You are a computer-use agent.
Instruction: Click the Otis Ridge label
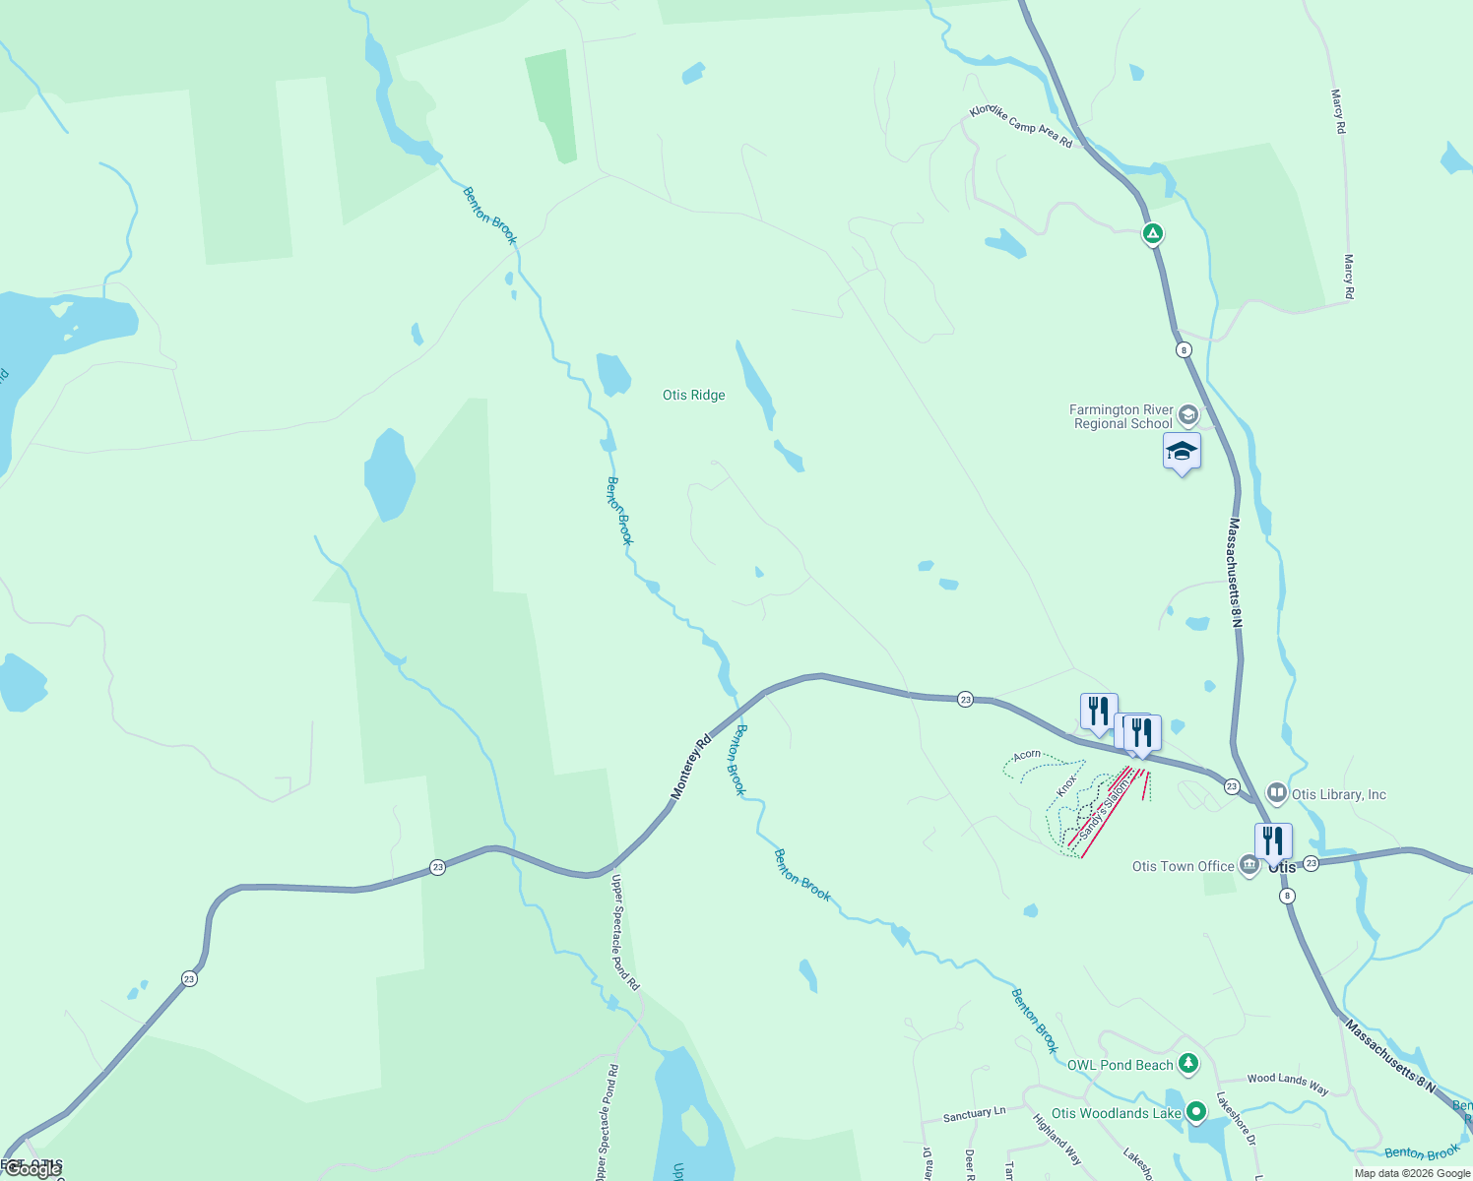[x=693, y=395]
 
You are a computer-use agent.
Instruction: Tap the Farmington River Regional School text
[x=1122, y=416]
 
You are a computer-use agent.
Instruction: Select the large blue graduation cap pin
[x=1182, y=452]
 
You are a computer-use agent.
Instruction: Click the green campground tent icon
[x=1153, y=234]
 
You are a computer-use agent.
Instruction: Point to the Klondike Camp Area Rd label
[x=1021, y=127]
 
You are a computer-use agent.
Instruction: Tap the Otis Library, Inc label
[x=1338, y=794]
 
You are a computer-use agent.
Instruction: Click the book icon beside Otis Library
[x=1276, y=792]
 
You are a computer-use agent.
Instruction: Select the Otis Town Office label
[x=1183, y=866]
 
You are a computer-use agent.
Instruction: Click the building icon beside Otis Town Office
[x=1249, y=866]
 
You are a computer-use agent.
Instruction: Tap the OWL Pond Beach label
[x=1121, y=1065]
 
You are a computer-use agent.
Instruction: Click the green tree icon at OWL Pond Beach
[x=1189, y=1063]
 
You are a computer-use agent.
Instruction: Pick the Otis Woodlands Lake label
[x=1116, y=1113]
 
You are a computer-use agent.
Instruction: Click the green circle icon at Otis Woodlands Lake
[x=1196, y=1112]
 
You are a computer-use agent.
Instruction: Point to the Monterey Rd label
[x=691, y=768]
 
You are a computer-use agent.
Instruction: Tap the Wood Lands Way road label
[x=1288, y=1084]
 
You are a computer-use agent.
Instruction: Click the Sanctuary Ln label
[x=974, y=1114]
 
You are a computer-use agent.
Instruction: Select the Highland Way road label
[x=1057, y=1139]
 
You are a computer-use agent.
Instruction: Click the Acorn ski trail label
[x=1027, y=755]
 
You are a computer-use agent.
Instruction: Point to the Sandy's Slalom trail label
[x=1103, y=809]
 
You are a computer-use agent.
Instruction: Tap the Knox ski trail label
[x=1067, y=785]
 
